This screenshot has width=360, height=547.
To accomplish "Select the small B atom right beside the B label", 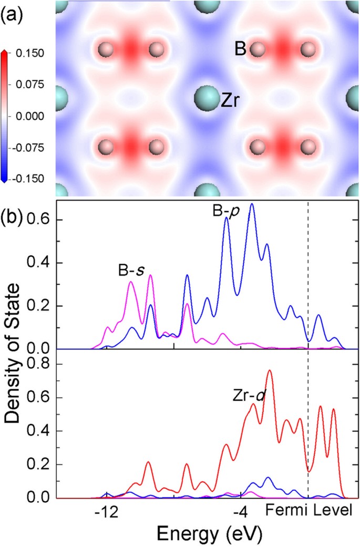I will tap(257, 50).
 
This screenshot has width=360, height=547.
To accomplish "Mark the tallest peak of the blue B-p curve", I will tap(252, 204).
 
